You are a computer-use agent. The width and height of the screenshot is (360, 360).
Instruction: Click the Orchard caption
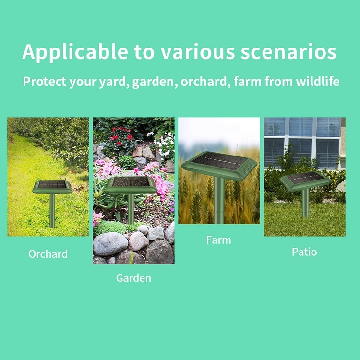tap(48, 253)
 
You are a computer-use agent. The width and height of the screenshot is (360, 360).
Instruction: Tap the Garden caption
tap(133, 277)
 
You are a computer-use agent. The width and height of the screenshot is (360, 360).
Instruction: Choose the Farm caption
tap(219, 240)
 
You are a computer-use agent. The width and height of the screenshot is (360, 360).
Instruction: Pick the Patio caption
tap(304, 252)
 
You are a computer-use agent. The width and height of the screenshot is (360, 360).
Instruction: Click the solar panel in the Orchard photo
tap(52, 185)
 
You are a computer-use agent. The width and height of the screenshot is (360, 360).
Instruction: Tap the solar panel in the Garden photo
tap(131, 182)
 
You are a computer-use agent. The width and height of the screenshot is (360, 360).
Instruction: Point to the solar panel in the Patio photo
tap(305, 178)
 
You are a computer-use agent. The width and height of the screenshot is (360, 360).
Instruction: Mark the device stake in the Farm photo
tap(219, 202)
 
